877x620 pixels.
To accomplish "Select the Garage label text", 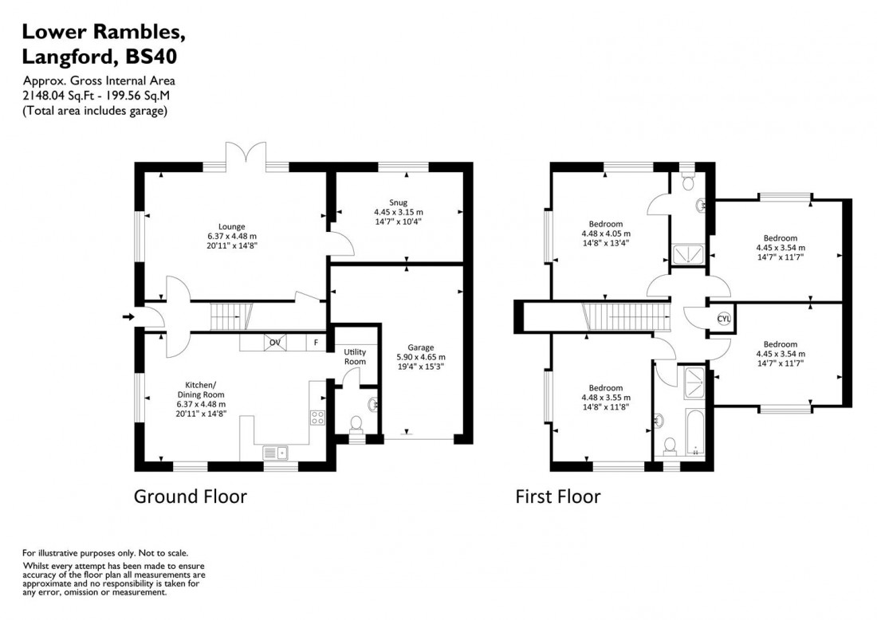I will [420, 347].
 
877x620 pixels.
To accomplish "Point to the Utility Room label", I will [355, 356].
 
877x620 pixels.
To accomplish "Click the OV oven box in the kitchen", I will [275, 343].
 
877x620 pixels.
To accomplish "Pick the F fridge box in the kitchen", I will [316, 343].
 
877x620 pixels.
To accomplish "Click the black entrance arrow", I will [128, 317].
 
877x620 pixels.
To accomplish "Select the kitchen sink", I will [277, 453].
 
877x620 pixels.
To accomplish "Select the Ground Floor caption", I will [190, 497].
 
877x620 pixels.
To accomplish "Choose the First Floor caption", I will [557, 497].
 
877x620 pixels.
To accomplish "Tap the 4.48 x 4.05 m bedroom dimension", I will [605, 234].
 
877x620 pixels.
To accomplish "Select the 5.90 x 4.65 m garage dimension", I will [420, 357].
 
